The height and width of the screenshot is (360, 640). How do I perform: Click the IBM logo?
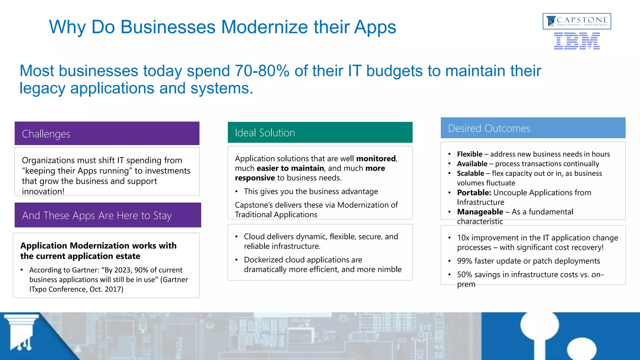coord(577,42)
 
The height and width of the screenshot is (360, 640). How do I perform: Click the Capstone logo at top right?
coord(577,21)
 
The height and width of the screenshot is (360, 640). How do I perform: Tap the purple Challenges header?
coord(107,133)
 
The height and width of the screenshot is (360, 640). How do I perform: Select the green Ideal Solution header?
coord(320,132)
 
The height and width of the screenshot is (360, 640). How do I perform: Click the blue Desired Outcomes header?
coord(533,128)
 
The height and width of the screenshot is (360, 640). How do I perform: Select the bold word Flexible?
coord(469,154)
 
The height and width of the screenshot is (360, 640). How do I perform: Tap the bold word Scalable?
coord(470,173)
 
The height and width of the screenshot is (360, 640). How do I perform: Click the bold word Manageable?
coord(480,212)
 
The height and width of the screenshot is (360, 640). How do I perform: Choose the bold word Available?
coord(472,164)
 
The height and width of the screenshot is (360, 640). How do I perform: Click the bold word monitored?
coord(376,159)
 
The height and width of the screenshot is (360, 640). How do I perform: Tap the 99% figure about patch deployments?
coord(464,261)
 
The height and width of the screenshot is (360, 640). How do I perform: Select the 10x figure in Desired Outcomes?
coord(463,238)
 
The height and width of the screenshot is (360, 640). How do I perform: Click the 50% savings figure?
coord(464,275)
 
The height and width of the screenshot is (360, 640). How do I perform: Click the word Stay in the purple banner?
coord(162,216)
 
